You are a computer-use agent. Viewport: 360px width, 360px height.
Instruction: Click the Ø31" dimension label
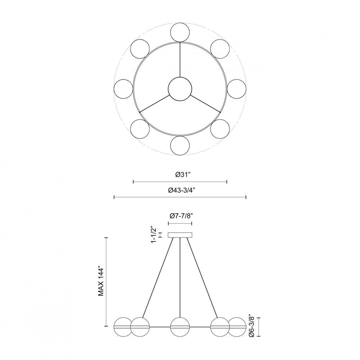183,175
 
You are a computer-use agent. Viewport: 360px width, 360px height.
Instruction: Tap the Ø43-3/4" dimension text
181,190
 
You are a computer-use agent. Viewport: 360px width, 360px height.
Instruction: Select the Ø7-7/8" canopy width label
181,216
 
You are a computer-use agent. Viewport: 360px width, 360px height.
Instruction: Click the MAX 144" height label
101,281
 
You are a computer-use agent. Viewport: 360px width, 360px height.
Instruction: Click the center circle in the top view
180,89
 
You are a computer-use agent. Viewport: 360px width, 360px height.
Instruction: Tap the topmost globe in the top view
180,32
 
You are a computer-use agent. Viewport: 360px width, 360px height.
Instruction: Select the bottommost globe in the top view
180,146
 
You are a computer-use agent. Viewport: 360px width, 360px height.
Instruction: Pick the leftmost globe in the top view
123,89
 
